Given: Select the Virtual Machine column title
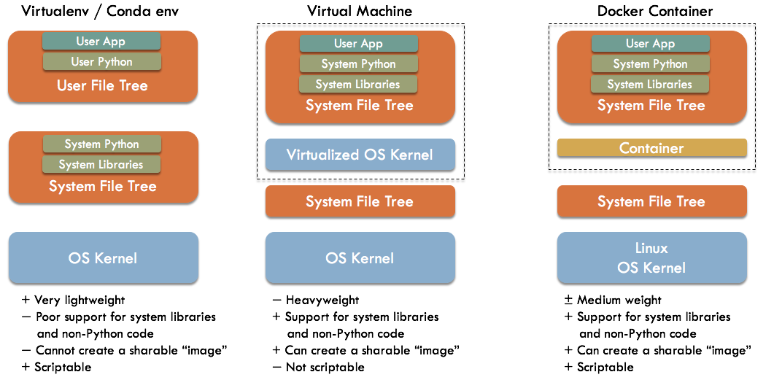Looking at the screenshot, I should (x=359, y=11).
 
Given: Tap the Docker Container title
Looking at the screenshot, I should (x=654, y=11).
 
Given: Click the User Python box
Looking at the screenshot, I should (x=101, y=62).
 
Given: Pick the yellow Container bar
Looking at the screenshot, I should (x=651, y=148).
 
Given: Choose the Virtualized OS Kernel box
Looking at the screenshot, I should (x=360, y=155).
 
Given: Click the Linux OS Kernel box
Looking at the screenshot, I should (x=651, y=257).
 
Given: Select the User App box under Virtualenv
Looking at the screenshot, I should (x=101, y=42).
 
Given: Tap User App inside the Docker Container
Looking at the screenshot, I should (x=650, y=44).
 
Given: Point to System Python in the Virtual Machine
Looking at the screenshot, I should (x=358, y=64).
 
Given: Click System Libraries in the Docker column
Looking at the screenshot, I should (x=649, y=85).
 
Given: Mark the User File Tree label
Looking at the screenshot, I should (x=102, y=86).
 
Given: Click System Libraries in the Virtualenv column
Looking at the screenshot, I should (x=101, y=165).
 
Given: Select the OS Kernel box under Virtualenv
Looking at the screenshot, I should (x=103, y=257).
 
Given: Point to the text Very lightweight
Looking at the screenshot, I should (x=79, y=300).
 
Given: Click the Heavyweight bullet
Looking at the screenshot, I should (x=322, y=300).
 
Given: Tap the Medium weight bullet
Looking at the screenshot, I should (x=619, y=300).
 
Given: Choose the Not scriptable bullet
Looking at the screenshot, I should (x=325, y=367).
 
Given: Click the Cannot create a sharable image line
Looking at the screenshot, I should (x=131, y=350).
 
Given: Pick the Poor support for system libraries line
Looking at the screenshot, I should (x=125, y=317).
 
